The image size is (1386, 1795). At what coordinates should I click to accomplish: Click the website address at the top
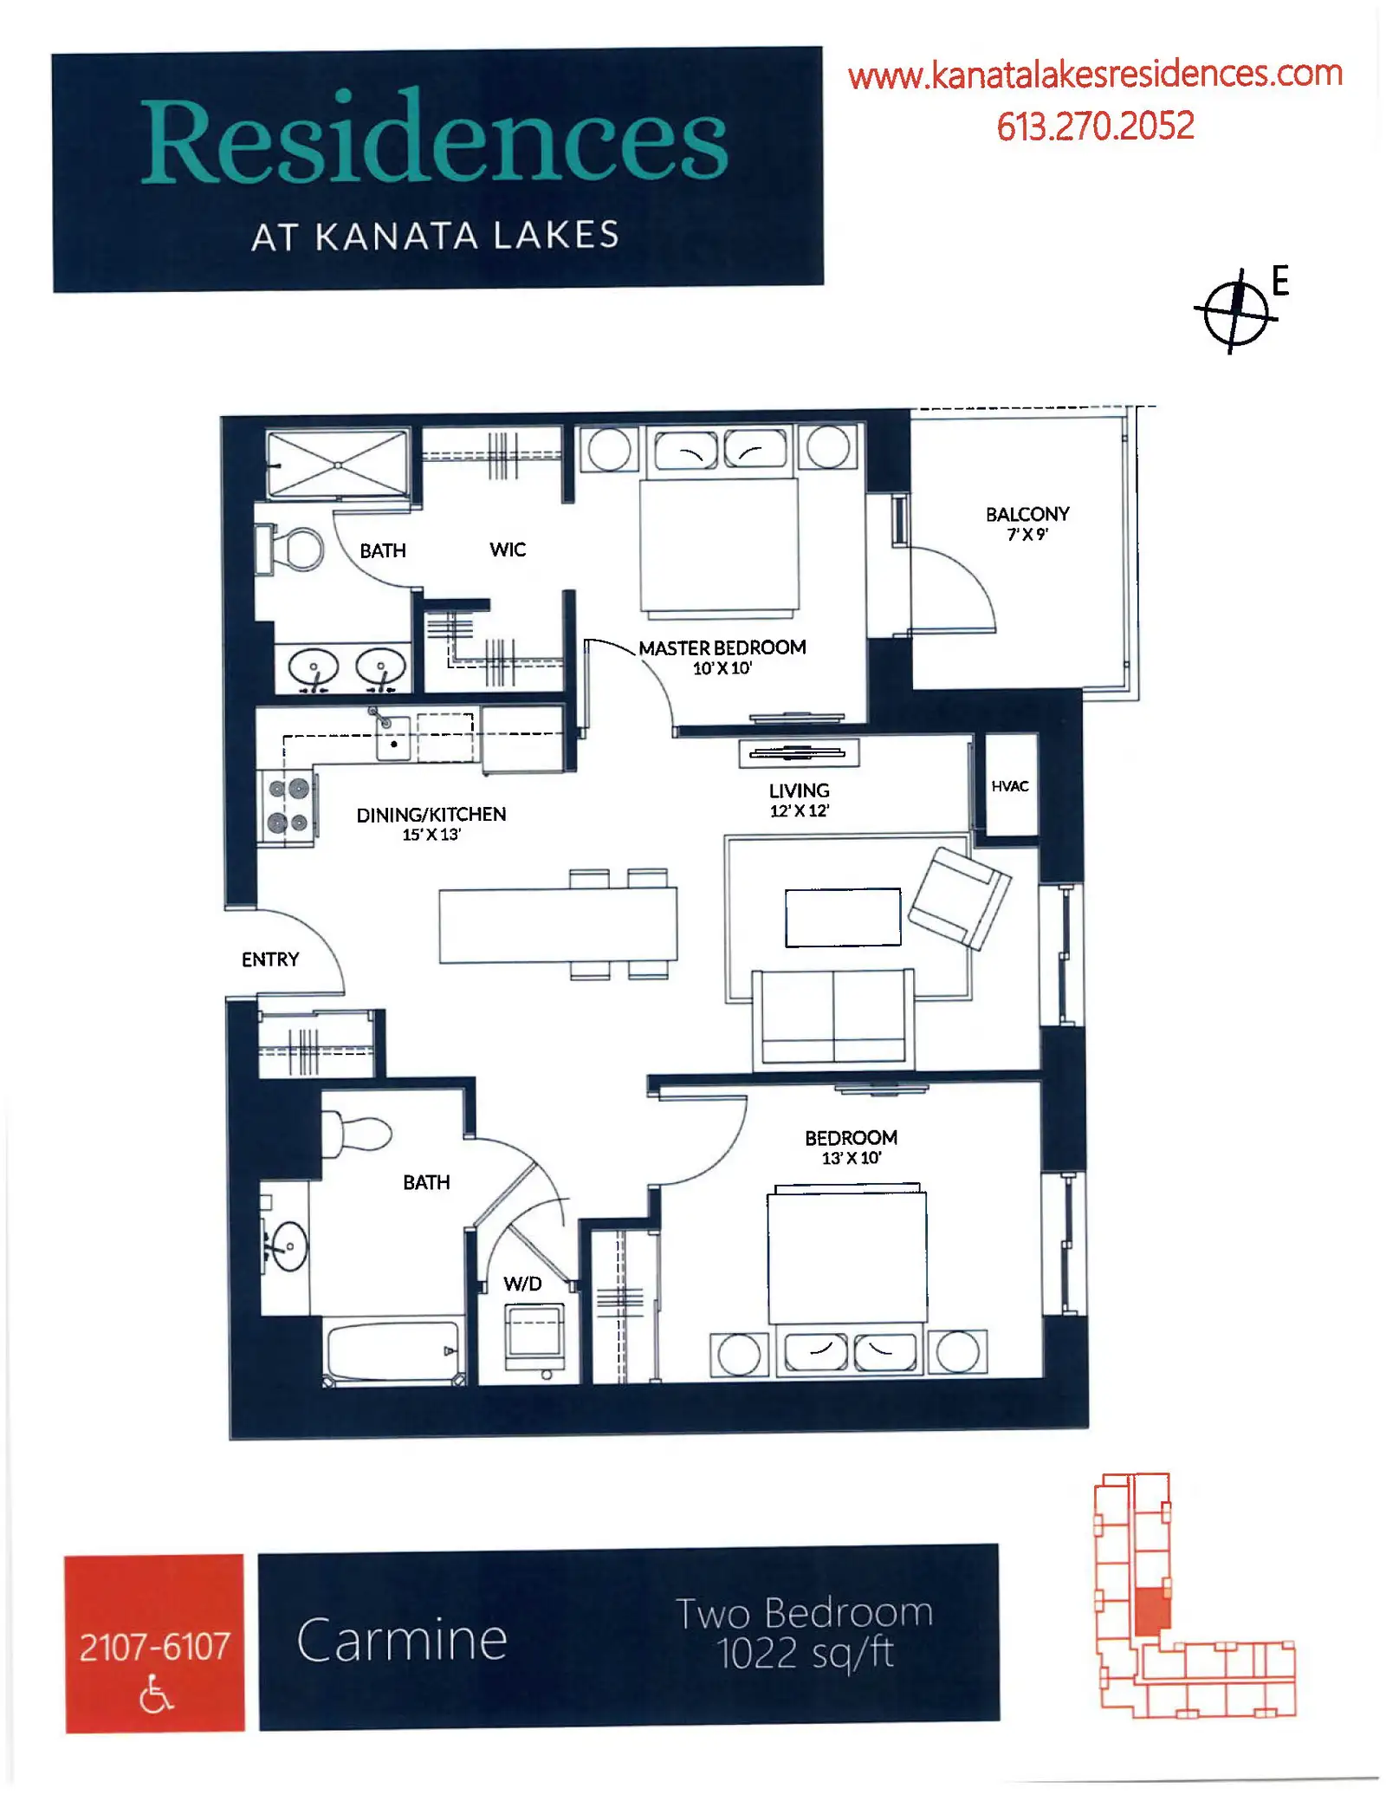tap(1095, 75)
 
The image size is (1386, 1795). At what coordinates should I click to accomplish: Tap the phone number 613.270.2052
tap(1095, 127)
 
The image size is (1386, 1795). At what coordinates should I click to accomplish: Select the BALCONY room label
tap(1027, 514)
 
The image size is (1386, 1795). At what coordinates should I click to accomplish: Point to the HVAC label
tap(1010, 786)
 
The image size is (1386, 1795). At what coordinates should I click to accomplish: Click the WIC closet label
tap(508, 550)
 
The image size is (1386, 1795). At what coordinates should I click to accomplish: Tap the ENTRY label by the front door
tap(270, 959)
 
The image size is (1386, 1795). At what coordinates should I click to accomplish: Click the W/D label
tap(522, 1284)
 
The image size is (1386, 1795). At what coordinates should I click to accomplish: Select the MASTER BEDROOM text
tap(722, 647)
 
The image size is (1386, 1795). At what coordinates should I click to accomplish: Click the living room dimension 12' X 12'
tap(800, 810)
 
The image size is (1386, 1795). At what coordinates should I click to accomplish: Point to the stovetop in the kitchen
tap(288, 805)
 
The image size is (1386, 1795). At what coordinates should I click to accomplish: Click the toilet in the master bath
tap(289, 549)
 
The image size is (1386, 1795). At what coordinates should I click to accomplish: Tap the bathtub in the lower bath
tap(393, 1351)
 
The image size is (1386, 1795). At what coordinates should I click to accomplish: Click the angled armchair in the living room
tap(959, 898)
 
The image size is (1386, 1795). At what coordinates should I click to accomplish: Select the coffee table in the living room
tap(843, 917)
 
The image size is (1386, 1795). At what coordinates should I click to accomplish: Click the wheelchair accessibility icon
tap(156, 1694)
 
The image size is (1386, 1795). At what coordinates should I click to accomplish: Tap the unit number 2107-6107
tap(155, 1647)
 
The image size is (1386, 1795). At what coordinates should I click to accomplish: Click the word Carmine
tap(402, 1640)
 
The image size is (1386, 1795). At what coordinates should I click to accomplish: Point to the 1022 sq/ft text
tap(806, 1653)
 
